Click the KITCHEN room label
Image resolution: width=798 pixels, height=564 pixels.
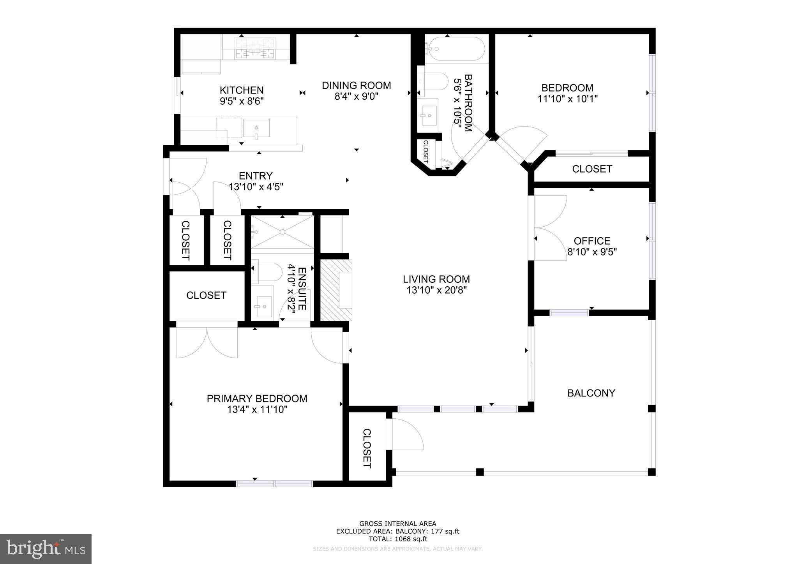pos(242,90)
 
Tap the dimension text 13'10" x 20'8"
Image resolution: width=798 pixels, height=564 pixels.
pos(436,290)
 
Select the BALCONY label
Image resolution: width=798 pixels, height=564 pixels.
pos(591,393)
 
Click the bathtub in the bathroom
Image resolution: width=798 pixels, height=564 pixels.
pos(455,49)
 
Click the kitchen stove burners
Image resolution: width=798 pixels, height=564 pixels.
pos(255,48)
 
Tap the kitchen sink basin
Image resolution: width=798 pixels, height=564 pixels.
pos(256,128)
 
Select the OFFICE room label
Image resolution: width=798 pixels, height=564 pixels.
pos(591,241)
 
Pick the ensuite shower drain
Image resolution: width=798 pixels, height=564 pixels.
pos(282,232)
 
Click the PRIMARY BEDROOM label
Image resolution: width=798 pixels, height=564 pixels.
pos(257,398)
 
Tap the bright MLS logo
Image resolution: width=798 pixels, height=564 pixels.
pos(46,549)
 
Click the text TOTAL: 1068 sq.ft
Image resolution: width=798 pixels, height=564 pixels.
pos(398,539)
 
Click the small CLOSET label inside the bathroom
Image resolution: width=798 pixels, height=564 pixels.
pos(425,152)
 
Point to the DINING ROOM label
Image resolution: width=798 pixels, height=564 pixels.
pos(356,85)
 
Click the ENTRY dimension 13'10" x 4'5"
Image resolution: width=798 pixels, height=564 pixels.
pos(256,187)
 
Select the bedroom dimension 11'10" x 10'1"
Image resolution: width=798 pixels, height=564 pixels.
pos(567,99)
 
